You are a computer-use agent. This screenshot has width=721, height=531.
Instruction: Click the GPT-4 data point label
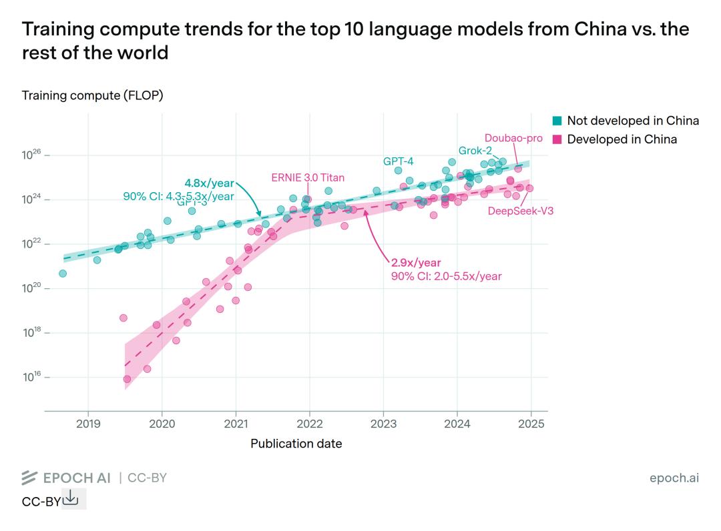[398, 161]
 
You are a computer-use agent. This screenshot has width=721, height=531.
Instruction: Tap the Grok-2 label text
[475, 150]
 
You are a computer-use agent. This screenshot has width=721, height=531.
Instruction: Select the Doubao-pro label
[513, 139]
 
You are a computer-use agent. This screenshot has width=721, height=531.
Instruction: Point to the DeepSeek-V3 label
[521, 211]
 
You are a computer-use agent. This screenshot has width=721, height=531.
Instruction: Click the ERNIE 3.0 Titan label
[308, 177]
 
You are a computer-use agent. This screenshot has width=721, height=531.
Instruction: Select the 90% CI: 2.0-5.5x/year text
[446, 276]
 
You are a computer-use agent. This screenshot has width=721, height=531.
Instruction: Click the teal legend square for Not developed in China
[557, 121]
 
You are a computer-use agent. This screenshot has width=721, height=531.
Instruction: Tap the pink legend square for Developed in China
[557, 139]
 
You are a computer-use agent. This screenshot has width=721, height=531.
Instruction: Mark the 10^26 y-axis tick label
[31, 155]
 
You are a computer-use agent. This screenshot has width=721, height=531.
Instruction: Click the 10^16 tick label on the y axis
[31, 377]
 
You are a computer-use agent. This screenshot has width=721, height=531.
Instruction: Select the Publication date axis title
[296, 443]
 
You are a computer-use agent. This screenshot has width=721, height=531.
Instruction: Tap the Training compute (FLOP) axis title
[93, 95]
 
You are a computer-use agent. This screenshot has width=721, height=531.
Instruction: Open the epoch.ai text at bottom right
[674, 478]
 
